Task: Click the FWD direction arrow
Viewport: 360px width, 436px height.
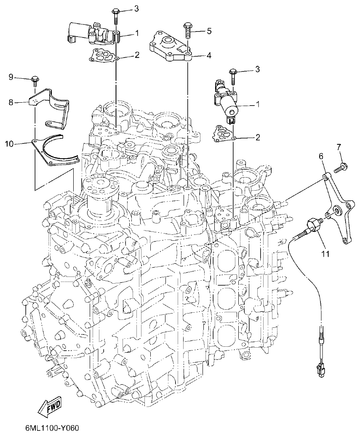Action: (50, 406)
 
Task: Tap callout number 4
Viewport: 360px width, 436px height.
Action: (208, 55)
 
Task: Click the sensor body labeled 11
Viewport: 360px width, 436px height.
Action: (313, 223)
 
